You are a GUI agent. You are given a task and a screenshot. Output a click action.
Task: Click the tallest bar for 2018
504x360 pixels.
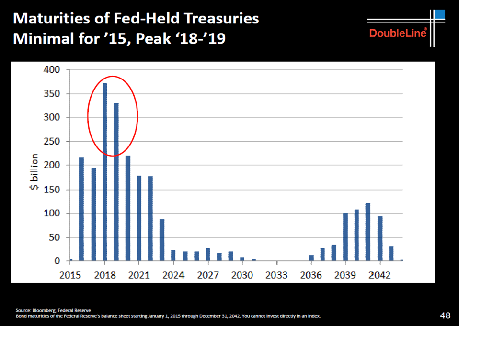click(x=104, y=172)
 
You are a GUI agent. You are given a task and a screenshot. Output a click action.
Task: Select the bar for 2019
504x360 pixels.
click(x=116, y=182)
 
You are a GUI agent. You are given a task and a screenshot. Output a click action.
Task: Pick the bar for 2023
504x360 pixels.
click(x=162, y=240)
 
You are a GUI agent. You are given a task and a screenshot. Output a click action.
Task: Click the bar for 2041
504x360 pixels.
click(x=368, y=232)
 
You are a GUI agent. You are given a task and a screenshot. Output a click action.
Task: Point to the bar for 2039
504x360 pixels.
click(x=345, y=237)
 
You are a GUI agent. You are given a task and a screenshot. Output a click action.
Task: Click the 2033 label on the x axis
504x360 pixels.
click(x=276, y=275)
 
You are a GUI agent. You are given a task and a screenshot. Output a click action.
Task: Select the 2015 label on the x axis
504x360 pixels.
click(x=70, y=275)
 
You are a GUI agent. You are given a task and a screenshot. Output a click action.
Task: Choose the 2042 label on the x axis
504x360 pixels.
click(x=380, y=275)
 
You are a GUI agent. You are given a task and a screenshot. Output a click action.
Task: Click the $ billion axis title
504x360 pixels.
click(x=34, y=172)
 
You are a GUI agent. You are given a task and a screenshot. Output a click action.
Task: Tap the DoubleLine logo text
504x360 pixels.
click(x=398, y=34)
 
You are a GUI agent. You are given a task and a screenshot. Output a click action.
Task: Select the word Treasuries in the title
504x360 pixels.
click(x=220, y=19)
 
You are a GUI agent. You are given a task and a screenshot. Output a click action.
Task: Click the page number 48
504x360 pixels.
click(x=445, y=315)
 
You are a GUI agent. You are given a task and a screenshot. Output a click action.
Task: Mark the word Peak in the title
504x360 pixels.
click(x=153, y=38)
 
